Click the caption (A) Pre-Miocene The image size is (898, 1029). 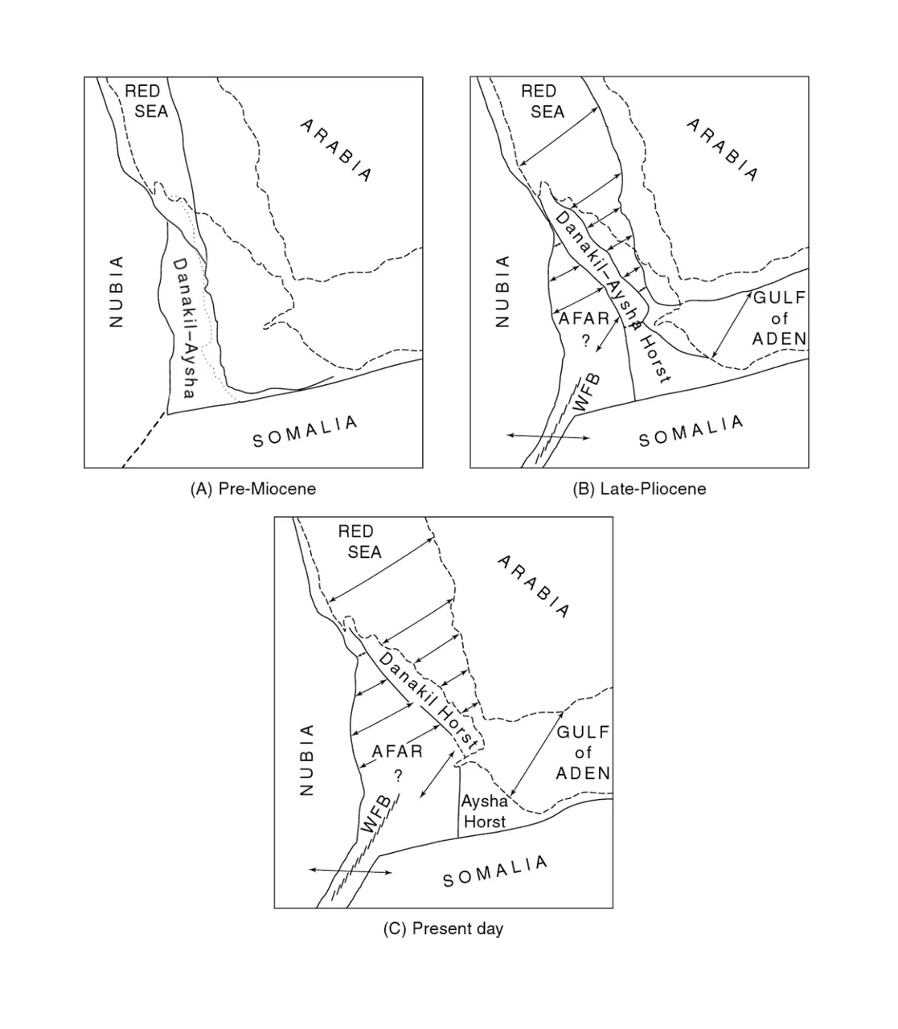coord(253,489)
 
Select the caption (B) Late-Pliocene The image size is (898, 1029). coord(639,489)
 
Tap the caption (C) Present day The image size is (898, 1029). coord(443,929)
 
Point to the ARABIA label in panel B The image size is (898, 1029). coord(722,150)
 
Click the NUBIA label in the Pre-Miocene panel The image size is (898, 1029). coord(116,292)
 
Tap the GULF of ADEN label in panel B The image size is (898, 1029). coord(779,318)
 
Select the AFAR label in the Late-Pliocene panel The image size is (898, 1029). coord(584,318)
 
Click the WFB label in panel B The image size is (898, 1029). coord(586,393)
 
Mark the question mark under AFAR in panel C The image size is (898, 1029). coord(398,776)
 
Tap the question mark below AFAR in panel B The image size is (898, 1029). coord(585,341)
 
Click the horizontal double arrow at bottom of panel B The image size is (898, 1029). coord(548,437)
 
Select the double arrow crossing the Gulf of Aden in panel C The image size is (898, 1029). coord(536,753)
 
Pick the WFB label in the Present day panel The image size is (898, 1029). coord(375,814)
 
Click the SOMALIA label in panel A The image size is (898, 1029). coord(305,432)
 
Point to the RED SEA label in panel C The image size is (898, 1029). coord(359,541)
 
